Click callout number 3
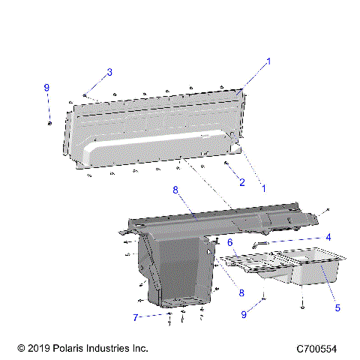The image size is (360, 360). (x=109, y=72)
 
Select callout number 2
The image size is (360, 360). (x=242, y=182)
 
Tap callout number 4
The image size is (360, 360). (x=328, y=237)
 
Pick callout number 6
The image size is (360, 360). (x=230, y=242)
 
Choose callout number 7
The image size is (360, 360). (x=136, y=318)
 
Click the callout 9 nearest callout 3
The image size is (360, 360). (x=46, y=88)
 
